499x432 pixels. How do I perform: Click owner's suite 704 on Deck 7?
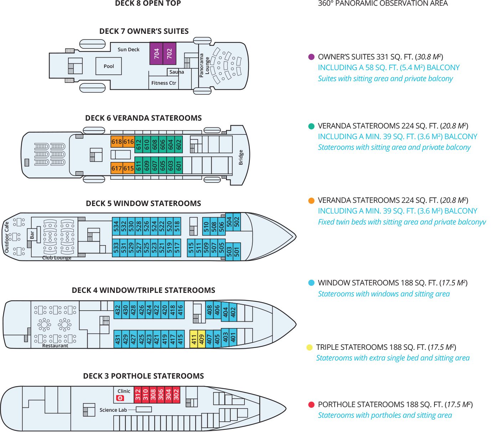click(156, 53)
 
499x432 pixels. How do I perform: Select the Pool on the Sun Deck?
click(109, 66)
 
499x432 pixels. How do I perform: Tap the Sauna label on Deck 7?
click(176, 72)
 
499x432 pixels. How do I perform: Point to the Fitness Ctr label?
click(164, 83)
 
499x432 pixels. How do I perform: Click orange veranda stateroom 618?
click(117, 142)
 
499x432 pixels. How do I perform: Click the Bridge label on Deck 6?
click(241, 157)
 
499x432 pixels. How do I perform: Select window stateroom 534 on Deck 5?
click(116, 226)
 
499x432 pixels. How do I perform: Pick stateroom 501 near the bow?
click(237, 252)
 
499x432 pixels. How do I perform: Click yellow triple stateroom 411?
click(194, 339)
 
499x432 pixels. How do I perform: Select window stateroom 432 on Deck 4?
click(118, 310)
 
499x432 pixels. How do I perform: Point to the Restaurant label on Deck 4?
click(55, 346)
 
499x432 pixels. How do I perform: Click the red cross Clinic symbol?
click(120, 398)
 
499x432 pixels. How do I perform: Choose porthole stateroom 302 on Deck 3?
click(176, 395)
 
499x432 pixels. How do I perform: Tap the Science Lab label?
click(113, 410)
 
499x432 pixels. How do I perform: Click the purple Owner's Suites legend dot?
click(311, 57)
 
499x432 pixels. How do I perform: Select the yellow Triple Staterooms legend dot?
click(309, 347)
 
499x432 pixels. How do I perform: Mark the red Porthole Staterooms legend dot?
click(311, 405)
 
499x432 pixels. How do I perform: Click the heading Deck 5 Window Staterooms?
click(143, 204)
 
